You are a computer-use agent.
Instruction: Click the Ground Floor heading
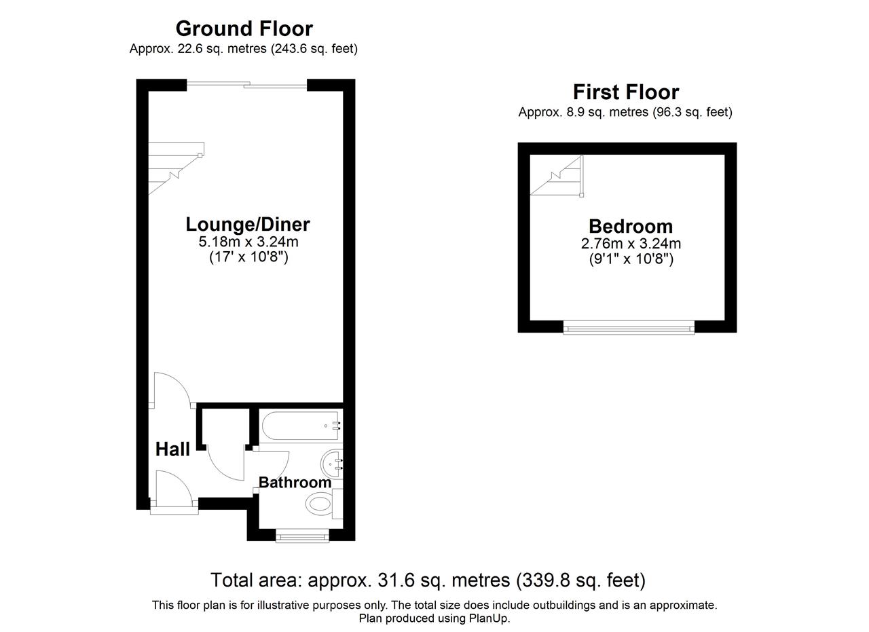tap(244, 29)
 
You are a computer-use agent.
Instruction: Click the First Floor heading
tap(626, 92)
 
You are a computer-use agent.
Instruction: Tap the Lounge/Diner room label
tap(248, 224)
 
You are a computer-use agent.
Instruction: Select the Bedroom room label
tap(631, 226)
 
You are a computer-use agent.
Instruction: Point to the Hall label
tap(172, 449)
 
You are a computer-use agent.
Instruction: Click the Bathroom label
tap(295, 482)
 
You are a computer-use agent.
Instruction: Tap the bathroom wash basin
tap(332, 464)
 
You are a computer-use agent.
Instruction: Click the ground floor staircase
tap(176, 168)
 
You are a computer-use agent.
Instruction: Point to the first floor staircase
tap(557, 176)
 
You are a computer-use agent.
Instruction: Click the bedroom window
tap(629, 328)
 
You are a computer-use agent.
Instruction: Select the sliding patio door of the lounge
tap(246, 84)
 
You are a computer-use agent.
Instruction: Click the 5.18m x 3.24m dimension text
tap(248, 242)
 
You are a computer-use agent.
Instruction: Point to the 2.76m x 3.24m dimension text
tap(631, 243)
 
